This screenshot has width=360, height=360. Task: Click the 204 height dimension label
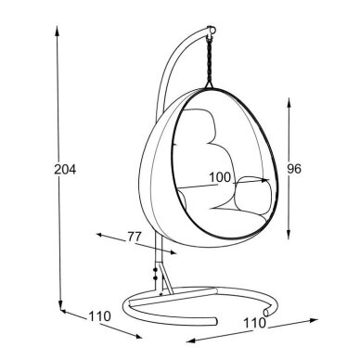65,169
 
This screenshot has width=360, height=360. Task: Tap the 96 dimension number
294,169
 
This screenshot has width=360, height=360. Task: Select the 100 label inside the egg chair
220,177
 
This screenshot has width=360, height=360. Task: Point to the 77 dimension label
135,237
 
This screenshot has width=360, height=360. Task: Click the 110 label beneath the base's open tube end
255,323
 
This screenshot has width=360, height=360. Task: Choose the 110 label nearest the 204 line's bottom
99,316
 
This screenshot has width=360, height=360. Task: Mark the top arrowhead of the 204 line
57,30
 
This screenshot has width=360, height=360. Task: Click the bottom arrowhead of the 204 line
61,305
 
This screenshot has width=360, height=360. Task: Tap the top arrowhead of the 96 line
289,102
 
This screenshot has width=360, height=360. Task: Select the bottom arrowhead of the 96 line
289,235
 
